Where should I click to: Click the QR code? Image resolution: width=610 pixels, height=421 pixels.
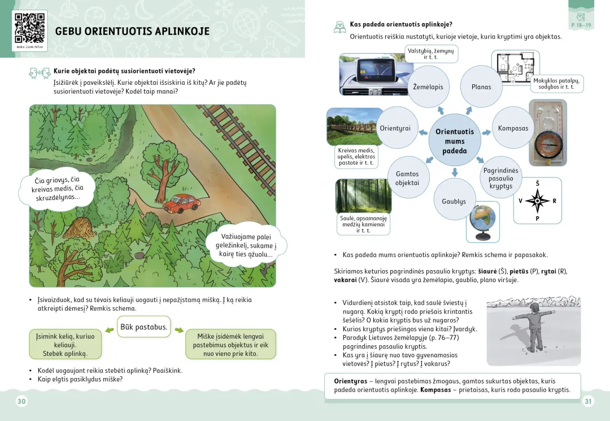tap(29, 28)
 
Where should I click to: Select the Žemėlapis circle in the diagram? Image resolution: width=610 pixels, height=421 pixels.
tap(428, 87)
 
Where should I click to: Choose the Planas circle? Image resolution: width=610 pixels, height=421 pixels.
tap(481, 87)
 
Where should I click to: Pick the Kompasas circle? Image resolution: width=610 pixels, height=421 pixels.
tap(513, 128)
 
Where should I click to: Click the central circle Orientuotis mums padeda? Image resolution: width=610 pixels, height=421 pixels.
tap(455, 141)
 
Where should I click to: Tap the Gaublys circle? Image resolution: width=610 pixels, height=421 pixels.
tap(454, 201)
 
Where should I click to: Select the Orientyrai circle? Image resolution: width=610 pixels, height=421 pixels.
tap(395, 128)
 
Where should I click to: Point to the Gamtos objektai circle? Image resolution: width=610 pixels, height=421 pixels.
tap(407, 178)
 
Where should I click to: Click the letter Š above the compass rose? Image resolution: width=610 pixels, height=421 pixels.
tap(537, 184)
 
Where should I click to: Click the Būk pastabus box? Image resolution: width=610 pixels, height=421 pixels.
tap(143, 327)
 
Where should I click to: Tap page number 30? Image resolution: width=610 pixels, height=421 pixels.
tap(21, 401)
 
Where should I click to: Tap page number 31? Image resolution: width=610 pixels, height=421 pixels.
tap(588, 401)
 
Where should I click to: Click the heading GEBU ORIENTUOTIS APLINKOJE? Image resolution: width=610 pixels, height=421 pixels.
tap(132, 32)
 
